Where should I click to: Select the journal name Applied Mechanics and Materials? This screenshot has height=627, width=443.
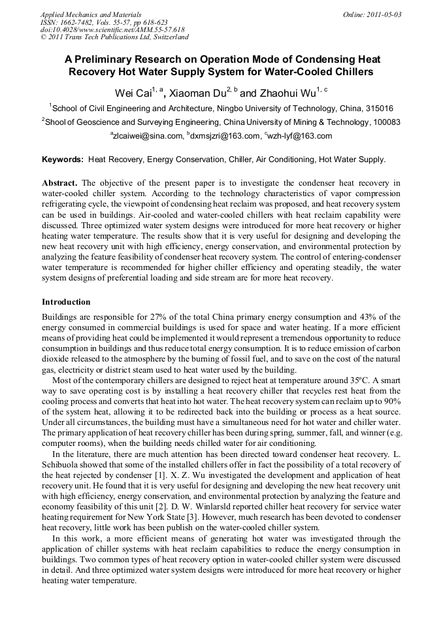pyautogui.click(x=91, y=14)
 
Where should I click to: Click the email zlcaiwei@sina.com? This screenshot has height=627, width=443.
pyautogui.click(x=148, y=136)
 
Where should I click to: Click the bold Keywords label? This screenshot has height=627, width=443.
pyautogui.click(x=63, y=159)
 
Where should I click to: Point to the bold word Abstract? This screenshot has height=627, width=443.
pyautogui.click(x=60, y=182)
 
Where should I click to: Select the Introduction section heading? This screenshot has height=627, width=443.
pyautogui.click(x=66, y=302)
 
